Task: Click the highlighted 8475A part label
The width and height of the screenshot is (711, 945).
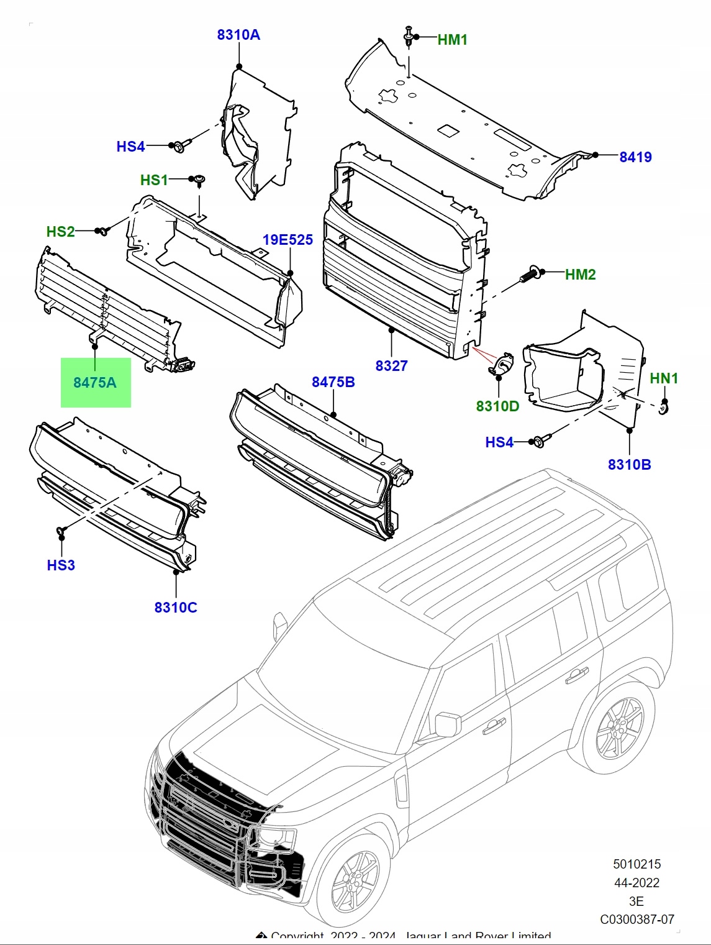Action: coord(95,383)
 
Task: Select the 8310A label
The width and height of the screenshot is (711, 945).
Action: coord(238,35)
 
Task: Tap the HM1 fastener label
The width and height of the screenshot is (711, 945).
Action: coord(452,40)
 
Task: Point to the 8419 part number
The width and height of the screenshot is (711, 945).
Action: coord(635,157)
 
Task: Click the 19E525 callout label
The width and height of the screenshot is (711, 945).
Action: coord(288,240)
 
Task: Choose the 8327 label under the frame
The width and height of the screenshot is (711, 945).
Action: coord(391,366)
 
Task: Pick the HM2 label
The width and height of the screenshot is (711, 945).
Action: coord(580,275)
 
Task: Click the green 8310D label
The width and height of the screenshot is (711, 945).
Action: coord(497,406)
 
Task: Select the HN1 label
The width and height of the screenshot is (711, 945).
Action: coord(664,378)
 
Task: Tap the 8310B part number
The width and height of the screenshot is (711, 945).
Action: coord(629,465)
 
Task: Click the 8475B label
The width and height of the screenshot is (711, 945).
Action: coord(333,382)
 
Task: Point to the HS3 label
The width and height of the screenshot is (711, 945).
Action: coord(61,565)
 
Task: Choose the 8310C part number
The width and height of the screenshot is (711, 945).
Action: coord(176,608)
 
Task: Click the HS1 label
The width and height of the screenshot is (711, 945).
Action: coord(154,180)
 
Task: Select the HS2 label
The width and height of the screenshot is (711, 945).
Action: coord(60,232)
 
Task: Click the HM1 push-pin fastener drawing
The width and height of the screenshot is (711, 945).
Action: coord(409,35)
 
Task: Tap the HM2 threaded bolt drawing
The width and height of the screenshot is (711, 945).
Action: coord(528,275)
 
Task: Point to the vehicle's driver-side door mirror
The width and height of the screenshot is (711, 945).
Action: coord(447,724)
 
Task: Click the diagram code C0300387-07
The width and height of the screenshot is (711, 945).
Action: coord(637,920)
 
